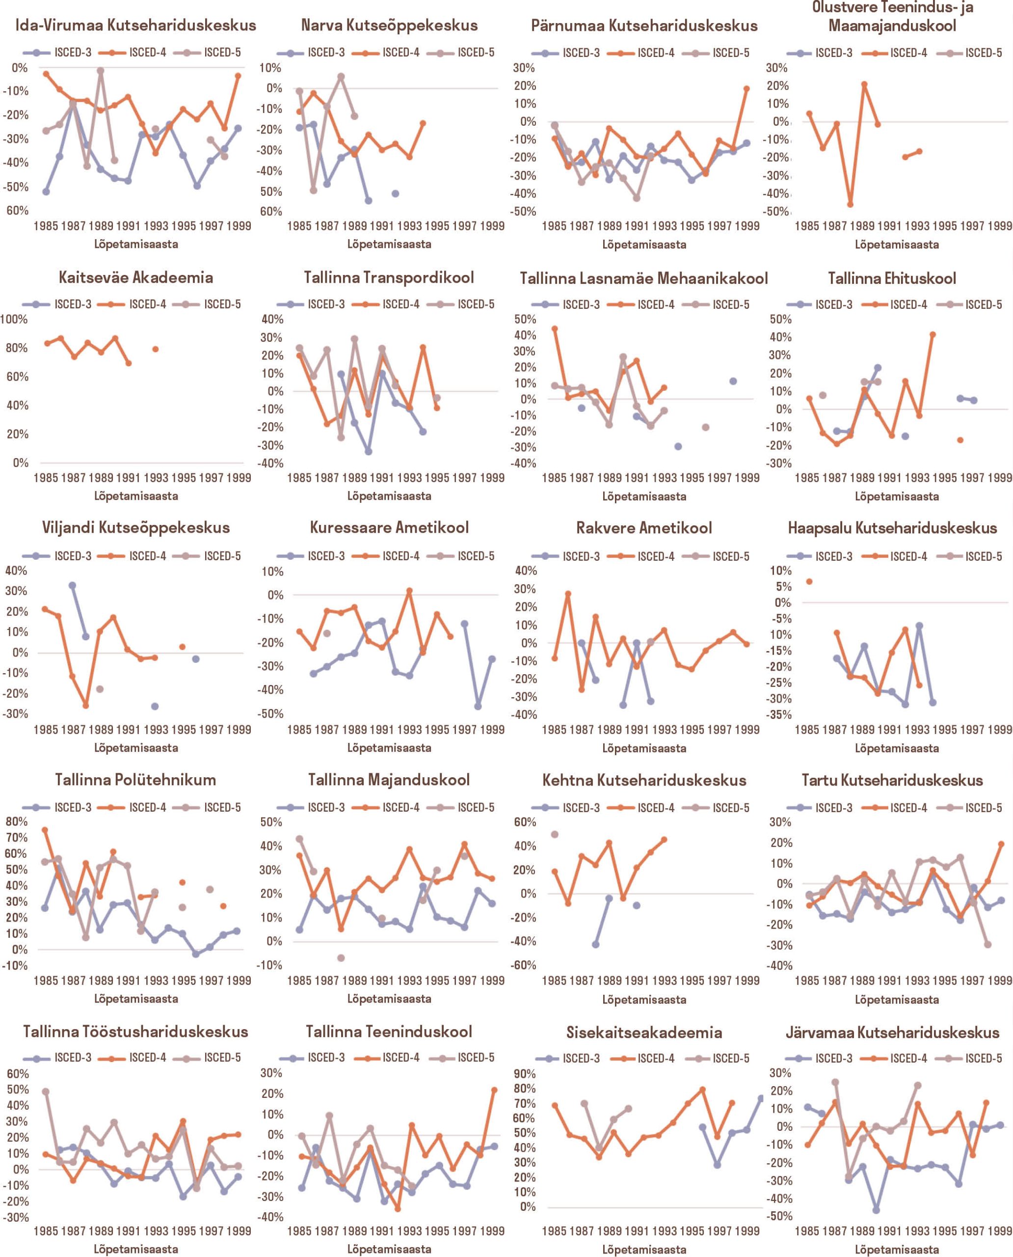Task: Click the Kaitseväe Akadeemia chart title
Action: tap(135, 277)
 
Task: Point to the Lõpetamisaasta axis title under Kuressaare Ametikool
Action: tap(389, 748)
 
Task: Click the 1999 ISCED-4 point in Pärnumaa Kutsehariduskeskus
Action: tap(746, 89)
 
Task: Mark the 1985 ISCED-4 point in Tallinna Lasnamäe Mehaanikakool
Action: tap(554, 328)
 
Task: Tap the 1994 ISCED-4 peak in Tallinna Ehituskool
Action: tap(933, 334)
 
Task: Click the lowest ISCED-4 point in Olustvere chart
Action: tap(850, 204)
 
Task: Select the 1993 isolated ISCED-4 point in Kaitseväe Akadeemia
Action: tap(155, 349)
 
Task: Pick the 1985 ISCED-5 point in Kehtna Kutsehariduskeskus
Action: tap(554, 834)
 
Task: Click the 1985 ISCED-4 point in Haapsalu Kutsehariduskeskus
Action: tap(809, 581)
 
